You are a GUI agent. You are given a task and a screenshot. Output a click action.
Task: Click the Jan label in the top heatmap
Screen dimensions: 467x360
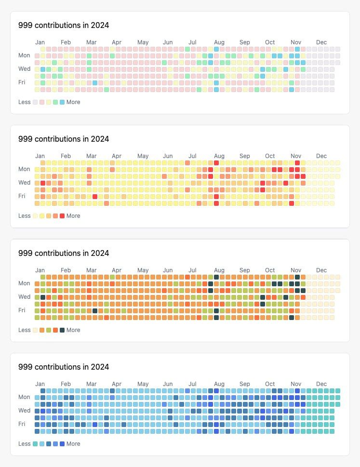[x=40, y=42]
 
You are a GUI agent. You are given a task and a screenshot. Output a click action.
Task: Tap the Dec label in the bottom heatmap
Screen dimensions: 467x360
[x=321, y=384]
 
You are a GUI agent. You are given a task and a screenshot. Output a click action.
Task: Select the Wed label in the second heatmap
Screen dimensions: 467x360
[x=25, y=183]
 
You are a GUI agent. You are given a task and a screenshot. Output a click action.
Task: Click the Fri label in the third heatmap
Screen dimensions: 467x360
[x=22, y=310]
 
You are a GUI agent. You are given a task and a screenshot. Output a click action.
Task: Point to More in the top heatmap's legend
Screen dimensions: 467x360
[x=73, y=102]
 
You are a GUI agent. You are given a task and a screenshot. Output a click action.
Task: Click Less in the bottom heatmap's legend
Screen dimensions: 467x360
[x=25, y=444]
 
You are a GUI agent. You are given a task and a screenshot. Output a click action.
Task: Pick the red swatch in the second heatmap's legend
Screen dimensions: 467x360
[x=62, y=216]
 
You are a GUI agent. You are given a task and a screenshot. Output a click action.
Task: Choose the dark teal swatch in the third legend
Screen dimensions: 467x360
[x=62, y=330]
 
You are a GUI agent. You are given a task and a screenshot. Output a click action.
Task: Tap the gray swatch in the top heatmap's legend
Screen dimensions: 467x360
[x=35, y=102]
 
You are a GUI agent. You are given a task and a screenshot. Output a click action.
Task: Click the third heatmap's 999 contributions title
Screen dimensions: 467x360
[x=64, y=253]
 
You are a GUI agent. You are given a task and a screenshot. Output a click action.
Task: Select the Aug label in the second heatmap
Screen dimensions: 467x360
[x=219, y=156]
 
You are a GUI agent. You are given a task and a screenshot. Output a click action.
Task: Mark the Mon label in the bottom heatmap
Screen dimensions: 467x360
[x=24, y=397]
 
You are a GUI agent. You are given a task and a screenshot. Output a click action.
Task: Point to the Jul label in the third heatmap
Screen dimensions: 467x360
[x=192, y=270]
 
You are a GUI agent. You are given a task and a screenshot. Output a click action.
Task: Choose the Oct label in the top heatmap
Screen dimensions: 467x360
[x=270, y=42]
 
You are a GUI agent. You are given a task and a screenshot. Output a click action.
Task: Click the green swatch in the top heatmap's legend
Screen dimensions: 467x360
[x=55, y=102]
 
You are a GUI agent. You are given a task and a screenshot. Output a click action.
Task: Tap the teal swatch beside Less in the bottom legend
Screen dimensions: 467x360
[x=35, y=444]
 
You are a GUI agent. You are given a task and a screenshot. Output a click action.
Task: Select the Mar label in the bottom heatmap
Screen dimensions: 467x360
[x=91, y=384]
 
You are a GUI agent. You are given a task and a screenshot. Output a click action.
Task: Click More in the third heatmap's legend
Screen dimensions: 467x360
[x=73, y=330]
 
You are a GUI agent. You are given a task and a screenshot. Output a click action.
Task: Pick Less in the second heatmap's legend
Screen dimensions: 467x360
[x=25, y=216]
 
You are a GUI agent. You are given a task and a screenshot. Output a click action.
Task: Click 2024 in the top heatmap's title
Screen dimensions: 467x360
[x=100, y=25]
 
